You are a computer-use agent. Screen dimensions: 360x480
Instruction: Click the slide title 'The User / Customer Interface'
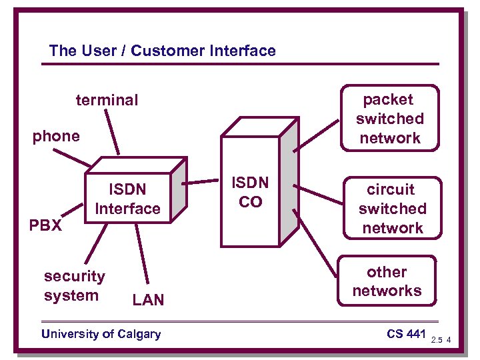pos(162,51)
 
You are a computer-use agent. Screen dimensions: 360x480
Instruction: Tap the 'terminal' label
pos(107,100)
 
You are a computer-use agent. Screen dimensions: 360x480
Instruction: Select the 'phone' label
pos(56,136)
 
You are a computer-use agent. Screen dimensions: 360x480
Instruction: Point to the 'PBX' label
pos(45,225)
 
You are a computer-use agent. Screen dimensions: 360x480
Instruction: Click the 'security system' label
pos(74,285)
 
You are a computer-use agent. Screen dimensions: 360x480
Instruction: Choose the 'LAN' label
pos(148,300)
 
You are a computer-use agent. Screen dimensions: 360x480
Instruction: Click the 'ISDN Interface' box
pos(127,199)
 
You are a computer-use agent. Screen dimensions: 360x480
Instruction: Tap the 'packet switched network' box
pos(389,119)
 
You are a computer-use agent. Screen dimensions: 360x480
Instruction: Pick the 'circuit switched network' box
pos(391,209)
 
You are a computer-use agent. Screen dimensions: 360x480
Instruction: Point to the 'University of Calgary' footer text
pos(101,334)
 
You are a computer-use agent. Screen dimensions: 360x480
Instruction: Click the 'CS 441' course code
pos(405,333)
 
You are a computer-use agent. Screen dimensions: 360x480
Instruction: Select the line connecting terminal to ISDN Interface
pos(111,133)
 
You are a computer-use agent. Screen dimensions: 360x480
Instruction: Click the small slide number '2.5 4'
pos(441,341)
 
